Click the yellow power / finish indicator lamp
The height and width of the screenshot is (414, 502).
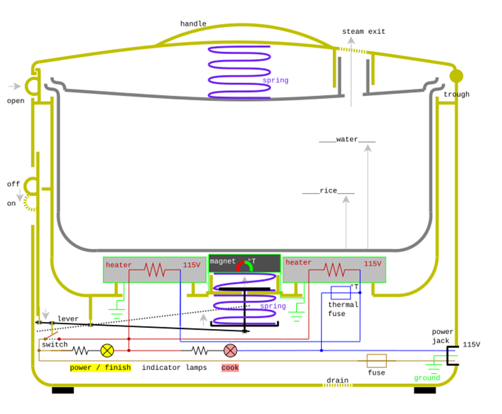[107, 350]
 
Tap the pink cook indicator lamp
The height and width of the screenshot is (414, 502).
[230, 350]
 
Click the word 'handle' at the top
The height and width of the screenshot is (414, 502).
[193, 24]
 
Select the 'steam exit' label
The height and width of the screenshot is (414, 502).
[364, 31]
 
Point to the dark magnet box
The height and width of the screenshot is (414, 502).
[244, 263]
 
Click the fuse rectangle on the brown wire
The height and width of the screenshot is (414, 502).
[377, 361]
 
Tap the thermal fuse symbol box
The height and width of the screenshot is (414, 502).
[340, 292]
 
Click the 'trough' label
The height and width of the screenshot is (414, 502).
[456, 94]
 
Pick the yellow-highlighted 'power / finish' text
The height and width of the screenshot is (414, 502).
[100, 368]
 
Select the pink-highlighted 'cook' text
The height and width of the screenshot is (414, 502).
[230, 368]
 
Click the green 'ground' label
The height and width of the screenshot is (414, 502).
[427, 378]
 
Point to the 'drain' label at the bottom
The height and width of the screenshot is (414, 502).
[337, 380]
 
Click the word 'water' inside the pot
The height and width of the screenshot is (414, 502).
[347, 140]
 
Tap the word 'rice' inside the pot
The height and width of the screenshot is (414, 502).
[328, 191]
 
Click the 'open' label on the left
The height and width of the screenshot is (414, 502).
[15, 101]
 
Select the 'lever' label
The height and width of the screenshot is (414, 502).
[68, 319]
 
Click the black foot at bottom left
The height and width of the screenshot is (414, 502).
[63, 390]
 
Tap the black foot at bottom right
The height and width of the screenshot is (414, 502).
[425, 390]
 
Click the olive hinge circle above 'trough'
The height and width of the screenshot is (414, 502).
[456, 76]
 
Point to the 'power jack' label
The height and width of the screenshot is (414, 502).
[443, 336]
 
